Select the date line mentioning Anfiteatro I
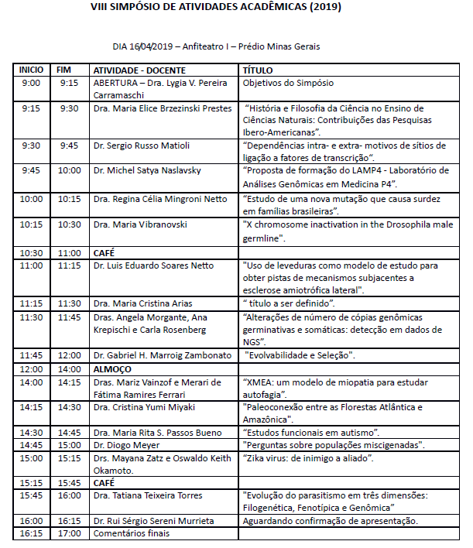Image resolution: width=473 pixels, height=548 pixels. pos(216,46)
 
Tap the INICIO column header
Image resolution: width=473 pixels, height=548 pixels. pos(32,70)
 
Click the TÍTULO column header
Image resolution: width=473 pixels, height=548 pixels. pos(258,70)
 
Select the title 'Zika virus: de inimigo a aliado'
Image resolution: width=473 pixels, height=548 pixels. pos(308,459)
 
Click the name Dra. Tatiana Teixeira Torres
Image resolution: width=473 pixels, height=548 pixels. pos(147,495)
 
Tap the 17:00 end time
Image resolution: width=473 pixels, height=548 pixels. pos(69,533)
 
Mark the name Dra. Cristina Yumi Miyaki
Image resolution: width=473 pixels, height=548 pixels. pos(144,407)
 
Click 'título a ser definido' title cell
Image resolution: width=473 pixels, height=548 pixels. pos(289,303)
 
